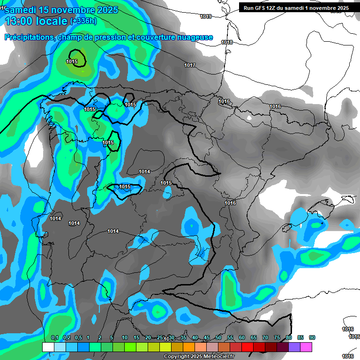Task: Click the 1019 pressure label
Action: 205,16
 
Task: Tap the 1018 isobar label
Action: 227,42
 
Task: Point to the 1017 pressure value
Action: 190,65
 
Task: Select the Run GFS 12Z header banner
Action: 296,8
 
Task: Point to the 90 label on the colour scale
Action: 312,338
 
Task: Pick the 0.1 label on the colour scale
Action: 55,338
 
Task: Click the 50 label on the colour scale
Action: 218,338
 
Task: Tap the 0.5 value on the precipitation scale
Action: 78,338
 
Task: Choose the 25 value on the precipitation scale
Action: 160,338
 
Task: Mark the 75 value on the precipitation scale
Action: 277,338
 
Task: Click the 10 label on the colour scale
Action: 125,338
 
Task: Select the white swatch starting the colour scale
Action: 48,347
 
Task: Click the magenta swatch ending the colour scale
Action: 306,347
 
